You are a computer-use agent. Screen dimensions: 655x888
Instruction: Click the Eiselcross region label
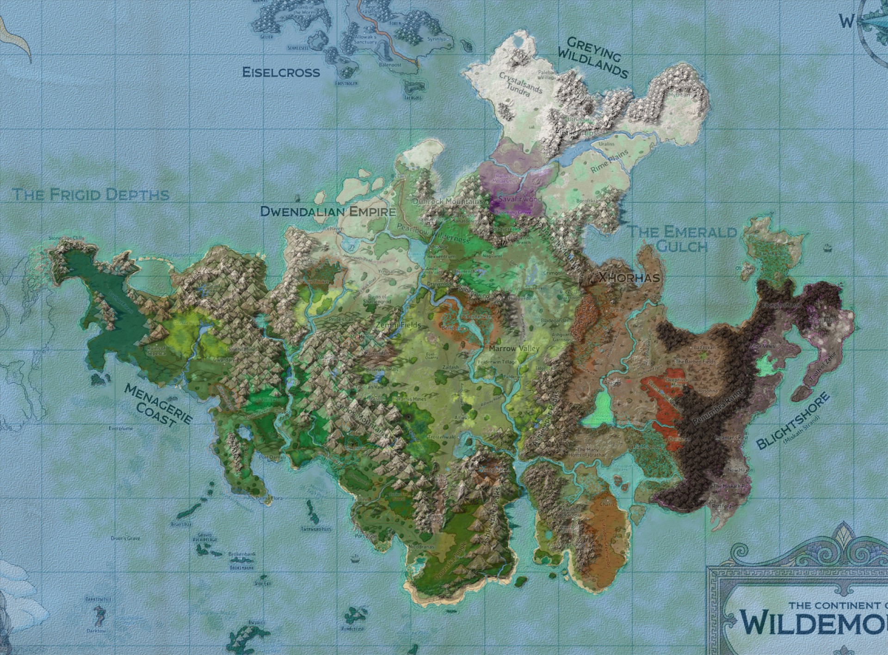point(281,72)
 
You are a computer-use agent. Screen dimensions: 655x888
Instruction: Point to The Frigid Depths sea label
point(91,194)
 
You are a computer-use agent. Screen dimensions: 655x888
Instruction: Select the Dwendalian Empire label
point(328,211)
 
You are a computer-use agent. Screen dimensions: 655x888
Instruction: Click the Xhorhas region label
point(629,277)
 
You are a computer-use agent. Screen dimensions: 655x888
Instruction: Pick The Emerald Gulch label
point(682,238)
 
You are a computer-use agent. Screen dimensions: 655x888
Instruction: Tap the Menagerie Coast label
point(158,405)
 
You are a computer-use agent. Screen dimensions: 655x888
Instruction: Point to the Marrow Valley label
point(514,348)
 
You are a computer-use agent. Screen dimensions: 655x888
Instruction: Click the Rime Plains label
point(610,161)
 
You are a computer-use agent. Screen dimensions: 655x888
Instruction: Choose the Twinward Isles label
point(316,529)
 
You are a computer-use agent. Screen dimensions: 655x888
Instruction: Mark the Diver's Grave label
point(125,538)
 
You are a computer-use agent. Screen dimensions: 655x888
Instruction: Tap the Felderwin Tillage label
point(497,362)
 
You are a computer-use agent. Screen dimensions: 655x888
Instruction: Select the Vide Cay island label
point(262,584)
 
